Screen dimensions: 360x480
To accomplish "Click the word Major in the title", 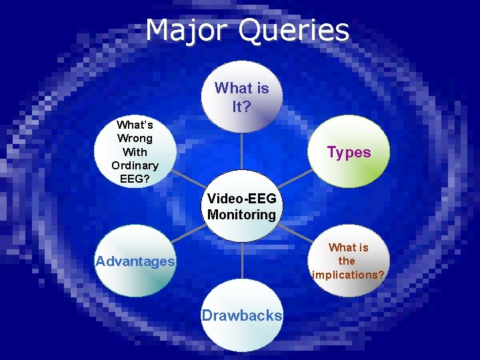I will point(188,31).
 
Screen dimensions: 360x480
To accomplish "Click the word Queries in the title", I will point(293,31).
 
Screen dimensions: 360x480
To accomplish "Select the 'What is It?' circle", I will point(242,97).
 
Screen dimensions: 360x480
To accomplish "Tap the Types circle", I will point(349,152).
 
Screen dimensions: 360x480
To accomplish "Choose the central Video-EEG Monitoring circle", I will point(241,207).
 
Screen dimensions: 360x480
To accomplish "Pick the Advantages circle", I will point(135,261).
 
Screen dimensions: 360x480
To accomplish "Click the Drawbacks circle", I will point(242,315).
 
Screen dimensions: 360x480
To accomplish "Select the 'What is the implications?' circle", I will point(349,261).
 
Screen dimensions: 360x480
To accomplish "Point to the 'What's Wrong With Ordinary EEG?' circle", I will point(135,151).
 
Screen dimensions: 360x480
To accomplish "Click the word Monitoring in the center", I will point(241,215).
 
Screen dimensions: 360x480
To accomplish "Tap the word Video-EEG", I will point(241,199).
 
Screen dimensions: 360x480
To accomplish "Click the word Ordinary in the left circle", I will point(135,165).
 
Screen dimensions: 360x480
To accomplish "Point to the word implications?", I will point(348,275).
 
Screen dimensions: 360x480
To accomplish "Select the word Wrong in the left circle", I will point(135,138).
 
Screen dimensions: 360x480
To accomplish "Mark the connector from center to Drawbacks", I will point(242,260).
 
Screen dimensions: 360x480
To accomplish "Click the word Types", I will point(349,153).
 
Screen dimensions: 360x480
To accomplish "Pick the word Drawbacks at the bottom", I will point(242,315).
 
